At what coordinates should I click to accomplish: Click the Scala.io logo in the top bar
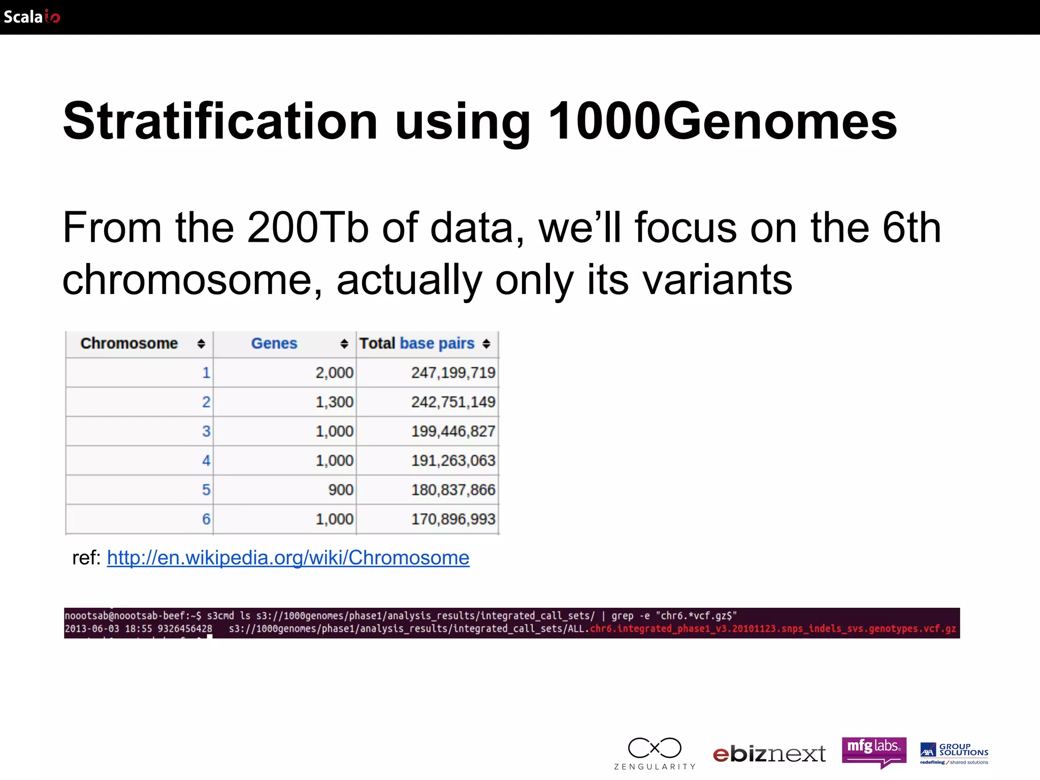pos(31,17)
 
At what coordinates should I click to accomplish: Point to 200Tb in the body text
pos(307,228)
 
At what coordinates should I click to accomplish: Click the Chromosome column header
pos(129,344)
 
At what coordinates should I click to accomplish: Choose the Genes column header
pos(274,344)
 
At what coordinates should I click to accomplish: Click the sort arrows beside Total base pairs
pos(486,344)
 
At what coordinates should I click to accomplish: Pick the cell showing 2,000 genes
pos(334,373)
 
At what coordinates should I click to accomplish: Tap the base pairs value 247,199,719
pos(452,373)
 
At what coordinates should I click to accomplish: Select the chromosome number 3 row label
pos(206,432)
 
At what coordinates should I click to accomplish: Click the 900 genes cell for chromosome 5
pos(340,490)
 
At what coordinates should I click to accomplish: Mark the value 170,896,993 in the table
pos(452,519)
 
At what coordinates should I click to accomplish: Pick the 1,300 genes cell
pos(334,402)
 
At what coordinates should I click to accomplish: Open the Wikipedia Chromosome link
pos(287,558)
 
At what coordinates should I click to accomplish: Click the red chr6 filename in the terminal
pos(772,629)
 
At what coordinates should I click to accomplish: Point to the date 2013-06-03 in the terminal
pos(92,629)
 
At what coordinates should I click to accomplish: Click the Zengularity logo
pos(655,752)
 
